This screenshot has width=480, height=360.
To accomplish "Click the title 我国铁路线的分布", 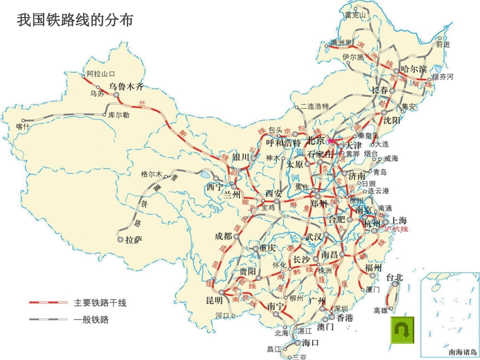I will (75, 20).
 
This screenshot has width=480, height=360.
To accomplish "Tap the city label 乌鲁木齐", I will (126, 86).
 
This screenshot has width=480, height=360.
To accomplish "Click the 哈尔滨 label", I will (413, 69).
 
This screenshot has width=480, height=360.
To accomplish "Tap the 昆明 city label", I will (214, 300).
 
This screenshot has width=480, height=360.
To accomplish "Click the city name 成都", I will (223, 236).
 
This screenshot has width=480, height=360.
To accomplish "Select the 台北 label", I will (395, 277).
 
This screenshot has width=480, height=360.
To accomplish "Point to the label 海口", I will (310, 343).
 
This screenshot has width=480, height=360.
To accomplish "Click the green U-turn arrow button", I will (402, 330).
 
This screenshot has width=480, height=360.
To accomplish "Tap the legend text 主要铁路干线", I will (100, 303).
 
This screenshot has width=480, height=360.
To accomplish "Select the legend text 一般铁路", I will (91, 319).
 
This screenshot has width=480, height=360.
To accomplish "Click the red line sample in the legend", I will (48, 302).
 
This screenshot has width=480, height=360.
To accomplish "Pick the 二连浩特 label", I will (314, 106).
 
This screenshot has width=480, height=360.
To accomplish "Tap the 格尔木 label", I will (151, 175).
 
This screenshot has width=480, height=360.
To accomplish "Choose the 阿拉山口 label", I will (101, 74).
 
